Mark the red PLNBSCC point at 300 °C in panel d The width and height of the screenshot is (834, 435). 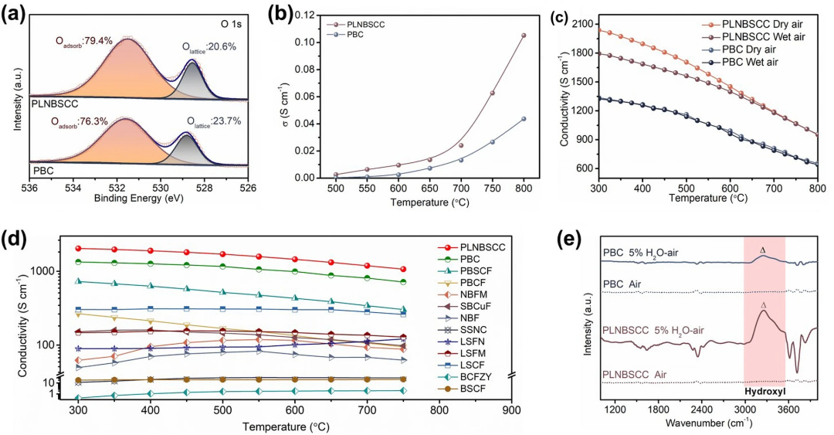coord(79,248)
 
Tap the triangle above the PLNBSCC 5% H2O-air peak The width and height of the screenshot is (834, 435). coord(764,305)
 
